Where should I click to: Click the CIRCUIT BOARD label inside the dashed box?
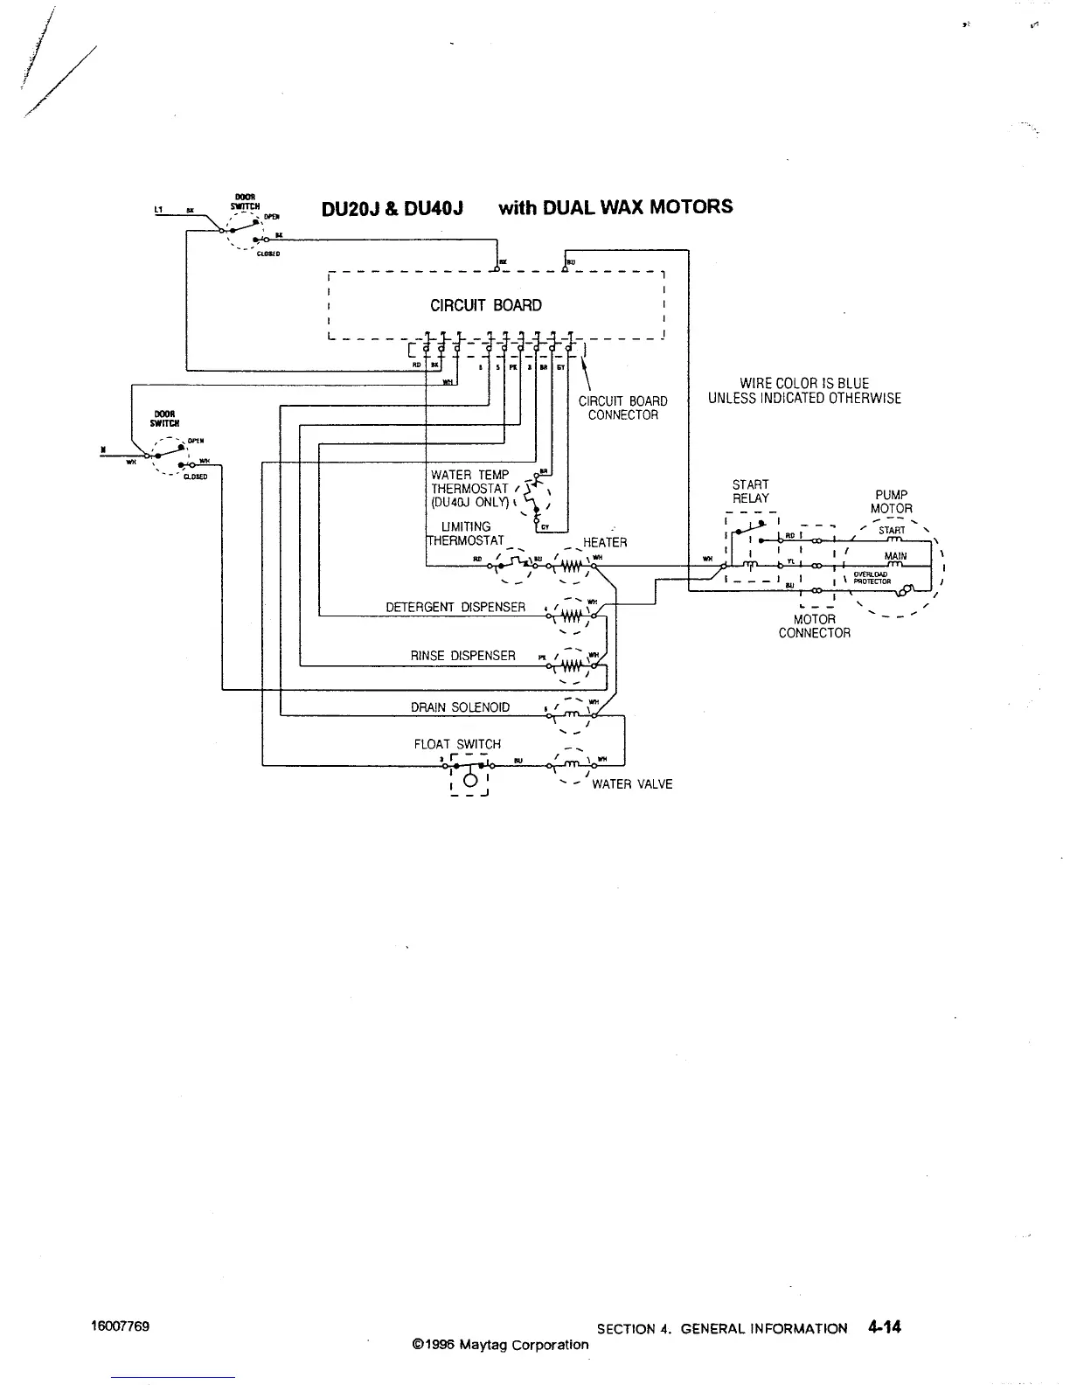[x=485, y=305]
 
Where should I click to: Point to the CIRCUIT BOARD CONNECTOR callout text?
[x=623, y=407]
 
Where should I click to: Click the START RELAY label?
[x=751, y=491]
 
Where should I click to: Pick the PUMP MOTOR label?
[x=891, y=502]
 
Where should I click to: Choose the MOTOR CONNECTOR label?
[x=814, y=626]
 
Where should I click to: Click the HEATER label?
[x=605, y=542]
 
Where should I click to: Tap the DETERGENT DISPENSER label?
[x=455, y=607]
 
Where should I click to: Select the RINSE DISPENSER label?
[x=463, y=656]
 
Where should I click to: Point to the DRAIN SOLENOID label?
[x=461, y=707]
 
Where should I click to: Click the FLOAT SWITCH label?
[x=457, y=744]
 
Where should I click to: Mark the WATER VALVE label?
[x=632, y=784]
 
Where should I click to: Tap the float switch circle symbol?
[x=469, y=780]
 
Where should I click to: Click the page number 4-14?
[x=885, y=1327]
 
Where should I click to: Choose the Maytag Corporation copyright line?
[x=500, y=1345]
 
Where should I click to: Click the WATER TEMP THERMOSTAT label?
[x=470, y=488]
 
